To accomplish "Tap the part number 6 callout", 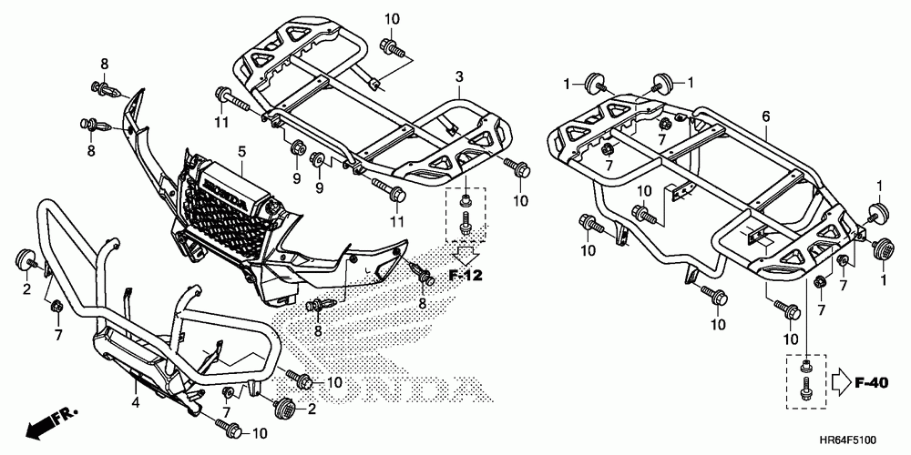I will pos(765,116).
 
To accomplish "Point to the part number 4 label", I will pos(134,401).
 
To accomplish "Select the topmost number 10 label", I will pos(392,19).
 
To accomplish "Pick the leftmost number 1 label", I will pos(566,84).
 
